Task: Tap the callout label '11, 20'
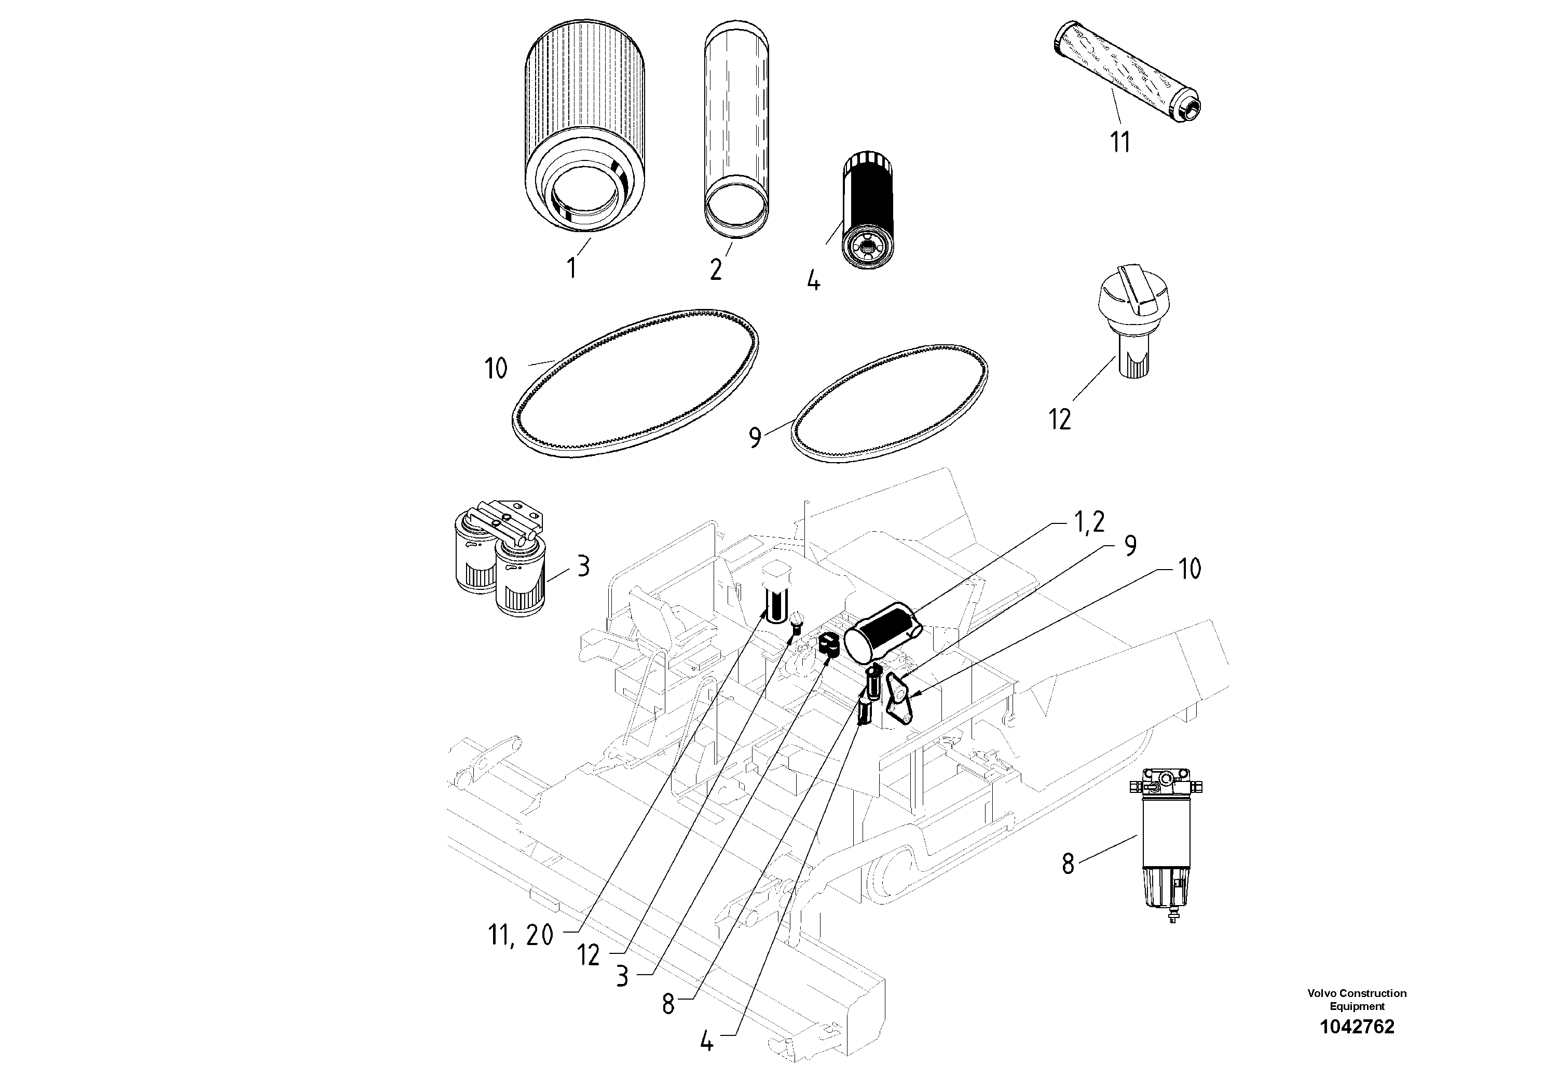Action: coord(519,935)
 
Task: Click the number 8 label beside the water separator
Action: coord(1068,864)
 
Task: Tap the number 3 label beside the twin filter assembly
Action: coord(583,567)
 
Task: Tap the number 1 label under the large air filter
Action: coord(571,268)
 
